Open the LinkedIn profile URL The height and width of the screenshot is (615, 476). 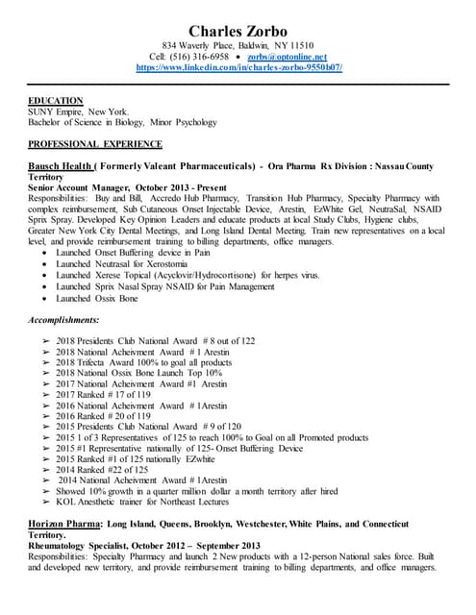pos(238,68)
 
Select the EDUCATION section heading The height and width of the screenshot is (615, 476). pos(56,101)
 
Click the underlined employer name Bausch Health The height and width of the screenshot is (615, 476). pos(62,166)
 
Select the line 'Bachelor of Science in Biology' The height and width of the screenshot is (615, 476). pos(96,122)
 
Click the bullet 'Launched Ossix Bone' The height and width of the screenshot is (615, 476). pos(96,298)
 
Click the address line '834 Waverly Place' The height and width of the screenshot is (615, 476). pos(238,45)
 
